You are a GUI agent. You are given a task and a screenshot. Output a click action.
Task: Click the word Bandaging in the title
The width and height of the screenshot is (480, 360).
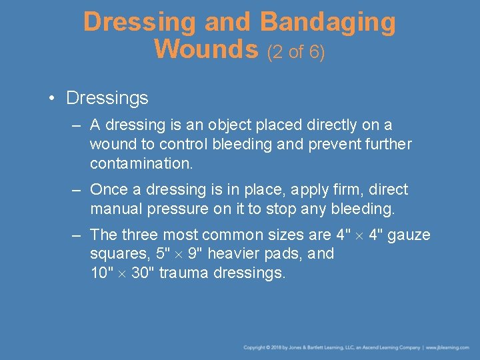(x=327, y=22)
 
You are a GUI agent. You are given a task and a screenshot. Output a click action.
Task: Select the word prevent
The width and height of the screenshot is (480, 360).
(x=335, y=143)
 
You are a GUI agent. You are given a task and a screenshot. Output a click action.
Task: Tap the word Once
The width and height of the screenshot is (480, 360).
(x=108, y=189)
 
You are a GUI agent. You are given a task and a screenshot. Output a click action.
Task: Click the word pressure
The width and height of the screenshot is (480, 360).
(x=181, y=209)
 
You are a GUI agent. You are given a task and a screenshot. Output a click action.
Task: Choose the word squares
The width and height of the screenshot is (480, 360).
(x=118, y=254)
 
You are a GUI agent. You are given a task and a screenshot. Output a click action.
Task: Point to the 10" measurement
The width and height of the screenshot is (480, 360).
(x=102, y=273)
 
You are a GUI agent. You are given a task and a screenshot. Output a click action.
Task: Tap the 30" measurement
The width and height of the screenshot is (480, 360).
(x=143, y=273)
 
